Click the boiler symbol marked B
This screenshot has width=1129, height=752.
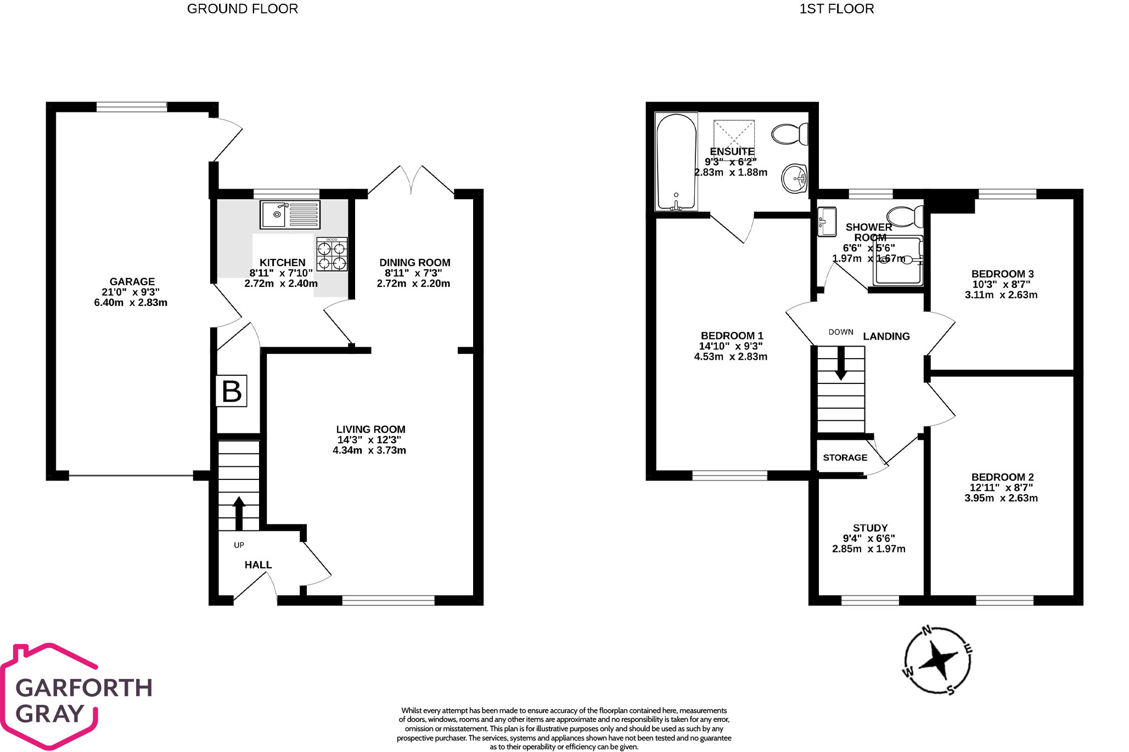pos(231,391)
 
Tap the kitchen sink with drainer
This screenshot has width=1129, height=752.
pos(290,214)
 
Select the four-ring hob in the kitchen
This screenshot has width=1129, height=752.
pos(332,254)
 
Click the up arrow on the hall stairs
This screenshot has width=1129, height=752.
pos(239,512)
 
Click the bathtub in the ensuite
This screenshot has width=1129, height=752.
pos(676,162)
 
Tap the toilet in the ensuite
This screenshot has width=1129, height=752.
pos(790,134)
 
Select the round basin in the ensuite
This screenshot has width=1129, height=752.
pos(794,178)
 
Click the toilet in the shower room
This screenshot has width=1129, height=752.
pos(905,217)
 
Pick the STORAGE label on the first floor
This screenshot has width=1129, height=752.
pos(845,457)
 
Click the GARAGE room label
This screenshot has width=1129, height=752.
pos(132,281)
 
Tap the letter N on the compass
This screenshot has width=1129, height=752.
pos(926,631)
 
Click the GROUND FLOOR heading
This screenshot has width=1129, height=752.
pos(242,9)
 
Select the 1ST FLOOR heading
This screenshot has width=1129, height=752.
pos(836,9)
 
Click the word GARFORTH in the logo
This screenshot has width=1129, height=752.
pos(83,688)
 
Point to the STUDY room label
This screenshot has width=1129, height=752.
pos(870,528)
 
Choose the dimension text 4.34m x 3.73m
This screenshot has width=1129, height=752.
pos(369,450)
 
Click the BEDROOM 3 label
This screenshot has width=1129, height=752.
pos(1002,274)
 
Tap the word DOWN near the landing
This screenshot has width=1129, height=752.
pos(840,332)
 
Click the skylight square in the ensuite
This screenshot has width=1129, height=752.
pos(734,134)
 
